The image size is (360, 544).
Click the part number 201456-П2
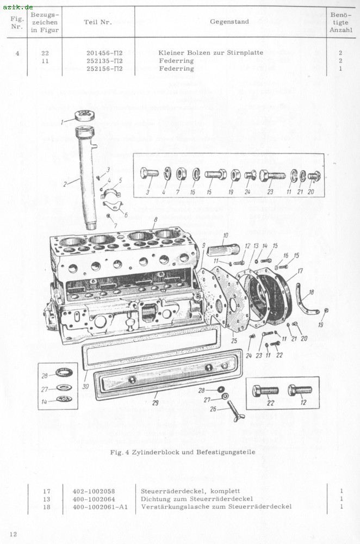[x=104, y=53]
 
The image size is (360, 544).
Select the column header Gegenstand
[x=229, y=22]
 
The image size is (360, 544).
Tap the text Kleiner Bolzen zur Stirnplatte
[x=210, y=53]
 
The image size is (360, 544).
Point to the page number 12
[x=13, y=534]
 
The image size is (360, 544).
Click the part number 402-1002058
[x=94, y=491]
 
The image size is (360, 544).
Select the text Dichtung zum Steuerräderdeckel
[x=197, y=499]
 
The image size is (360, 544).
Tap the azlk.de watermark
[x=17, y=7]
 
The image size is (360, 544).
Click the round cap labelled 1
[x=85, y=115]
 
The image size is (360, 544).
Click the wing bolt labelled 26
[x=236, y=410]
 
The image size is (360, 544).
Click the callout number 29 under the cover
[x=155, y=403]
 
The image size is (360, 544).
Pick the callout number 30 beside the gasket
[x=85, y=386]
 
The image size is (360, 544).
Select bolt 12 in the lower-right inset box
[x=300, y=390]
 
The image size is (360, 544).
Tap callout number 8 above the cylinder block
[x=156, y=219]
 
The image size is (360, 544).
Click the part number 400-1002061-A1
[x=100, y=507]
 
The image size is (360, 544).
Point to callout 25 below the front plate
[x=234, y=341]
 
